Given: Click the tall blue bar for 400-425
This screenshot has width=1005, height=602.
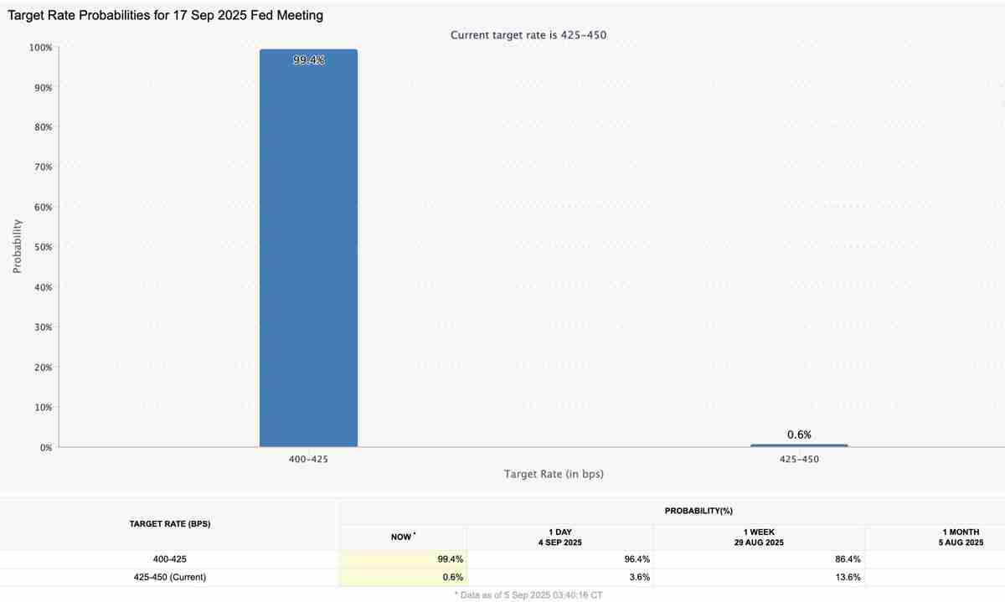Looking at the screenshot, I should [x=308, y=251].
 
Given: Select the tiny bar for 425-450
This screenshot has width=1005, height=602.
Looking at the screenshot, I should [x=799, y=445].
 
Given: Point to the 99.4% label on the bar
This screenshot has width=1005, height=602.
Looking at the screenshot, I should [x=309, y=60].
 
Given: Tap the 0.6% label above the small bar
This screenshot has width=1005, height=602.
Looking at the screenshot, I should [x=799, y=435].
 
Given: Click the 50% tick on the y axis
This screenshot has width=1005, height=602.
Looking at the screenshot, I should [x=42, y=247].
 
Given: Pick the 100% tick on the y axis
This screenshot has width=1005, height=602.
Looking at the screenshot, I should [x=40, y=48].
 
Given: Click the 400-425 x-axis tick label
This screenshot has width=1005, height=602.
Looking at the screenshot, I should [x=308, y=460].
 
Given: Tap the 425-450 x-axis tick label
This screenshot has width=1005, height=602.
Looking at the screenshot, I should [x=799, y=460].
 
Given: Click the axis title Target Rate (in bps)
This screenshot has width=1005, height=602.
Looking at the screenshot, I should [x=554, y=474].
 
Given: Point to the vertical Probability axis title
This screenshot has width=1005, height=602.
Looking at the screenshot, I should [x=17, y=247].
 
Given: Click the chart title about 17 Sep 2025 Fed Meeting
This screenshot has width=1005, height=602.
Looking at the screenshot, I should [x=165, y=15].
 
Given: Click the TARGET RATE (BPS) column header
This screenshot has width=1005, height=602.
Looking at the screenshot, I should [x=169, y=524].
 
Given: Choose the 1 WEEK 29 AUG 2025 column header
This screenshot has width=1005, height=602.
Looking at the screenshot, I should [x=759, y=537].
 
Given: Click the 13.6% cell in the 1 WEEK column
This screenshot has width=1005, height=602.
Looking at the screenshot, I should [x=845, y=577].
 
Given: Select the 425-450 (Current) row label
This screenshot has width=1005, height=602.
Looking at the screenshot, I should [x=169, y=577].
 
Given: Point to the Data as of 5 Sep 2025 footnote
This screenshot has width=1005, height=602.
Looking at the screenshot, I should [x=528, y=594].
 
